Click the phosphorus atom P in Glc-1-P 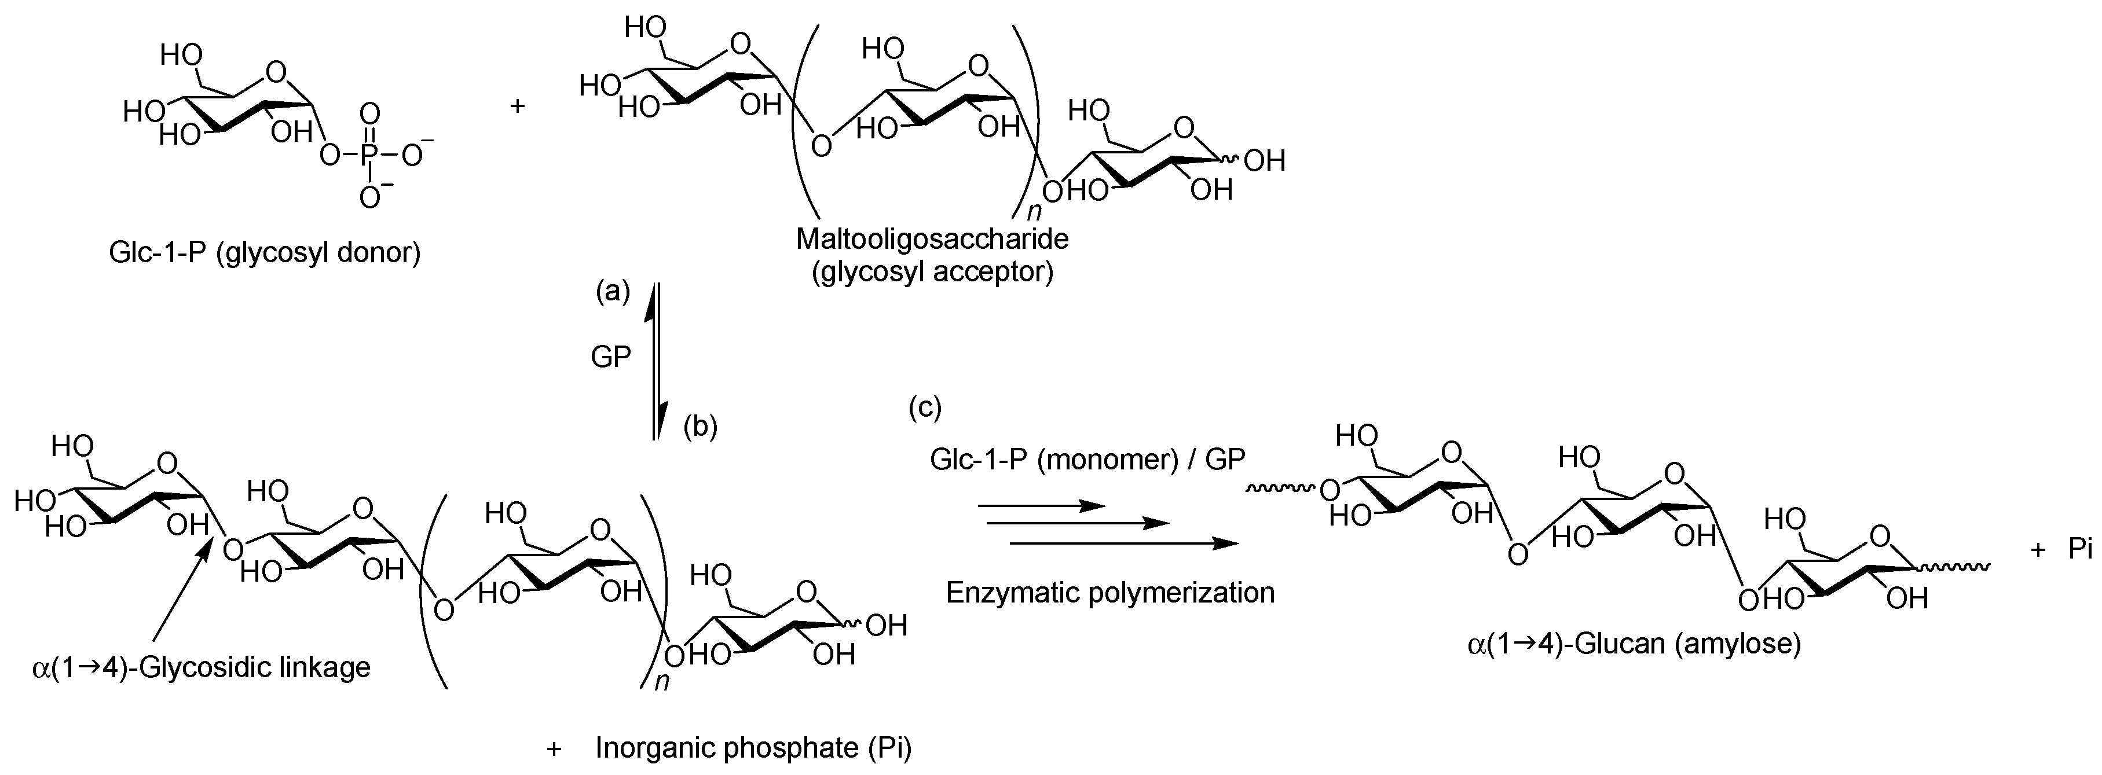pos(369,154)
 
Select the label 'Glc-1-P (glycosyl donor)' pos(265,253)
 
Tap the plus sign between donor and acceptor pos(517,106)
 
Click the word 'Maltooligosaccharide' pos(932,239)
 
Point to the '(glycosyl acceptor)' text pos(932,271)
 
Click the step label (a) pos(613,291)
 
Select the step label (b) pos(700,426)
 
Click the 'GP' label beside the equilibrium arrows pos(610,357)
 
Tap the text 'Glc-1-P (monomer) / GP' pos(1087,460)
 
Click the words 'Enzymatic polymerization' pos(1109,592)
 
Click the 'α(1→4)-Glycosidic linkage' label pos(202,667)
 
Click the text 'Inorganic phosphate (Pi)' pos(752,747)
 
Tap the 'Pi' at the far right pos(2080,550)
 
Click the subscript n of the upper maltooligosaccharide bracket pos(1034,212)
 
